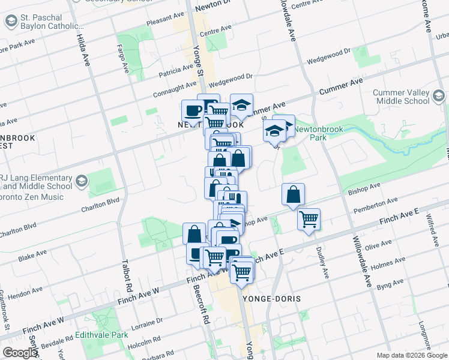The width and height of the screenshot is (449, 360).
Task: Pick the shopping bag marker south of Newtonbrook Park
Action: point(293,195)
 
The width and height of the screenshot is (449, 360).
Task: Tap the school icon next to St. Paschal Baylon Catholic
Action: point(11,22)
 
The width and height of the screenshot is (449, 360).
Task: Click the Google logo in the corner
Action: point(20,352)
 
